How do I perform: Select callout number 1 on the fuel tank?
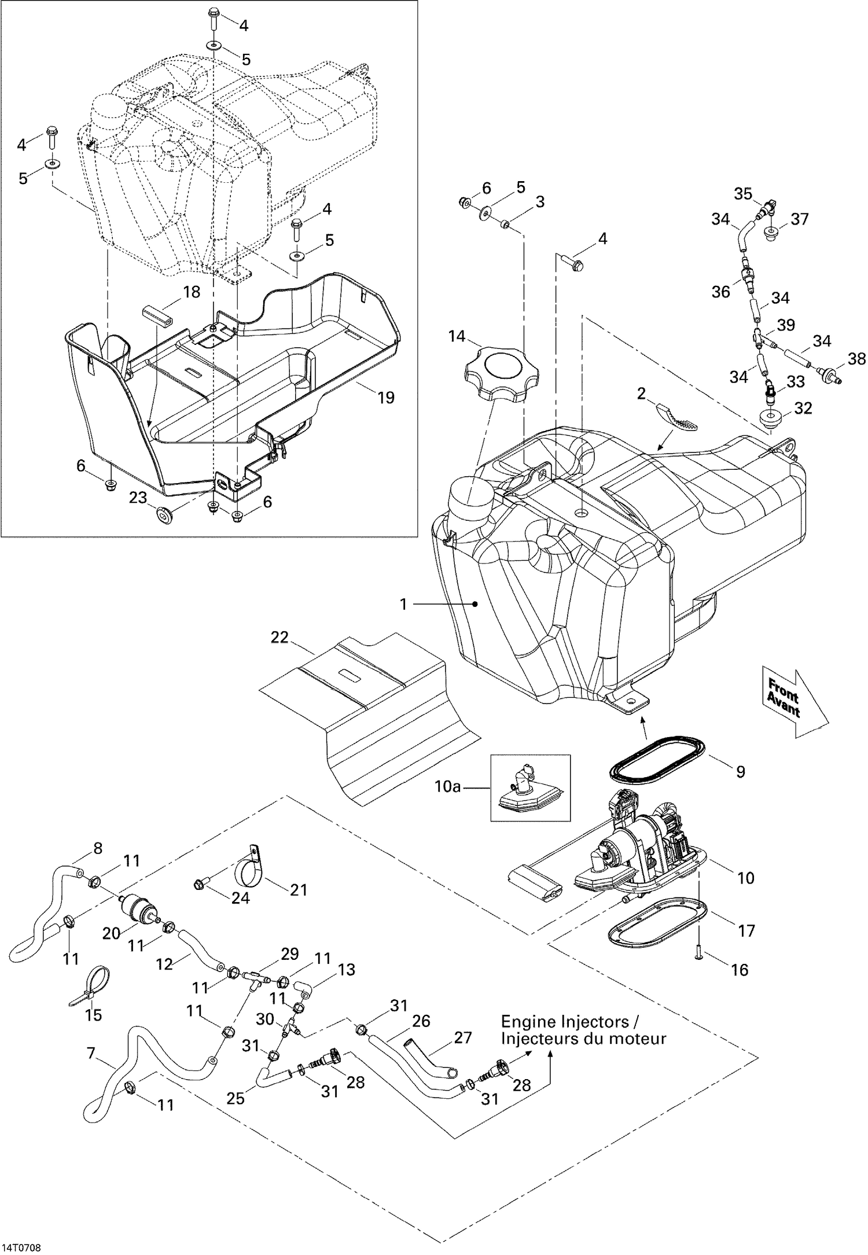point(403,604)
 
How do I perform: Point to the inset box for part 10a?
point(530,787)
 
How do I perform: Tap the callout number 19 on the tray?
point(385,398)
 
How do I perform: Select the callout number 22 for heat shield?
point(279,637)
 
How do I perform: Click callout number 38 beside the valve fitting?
point(857,359)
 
